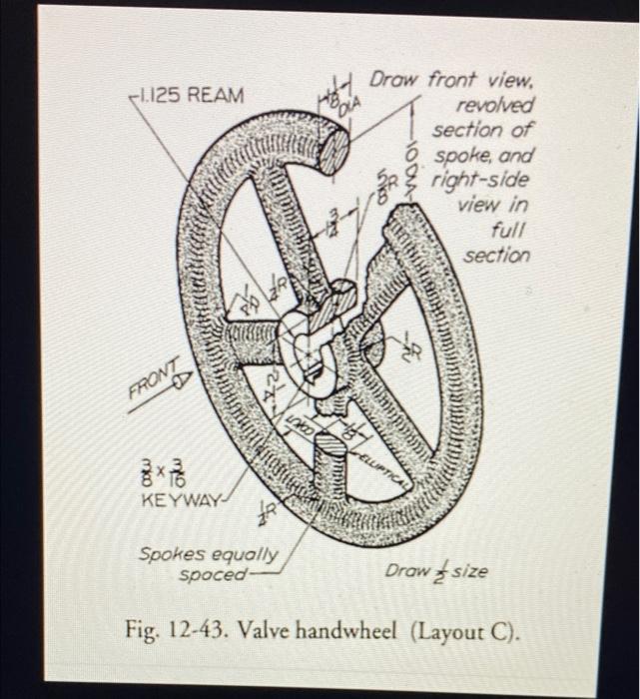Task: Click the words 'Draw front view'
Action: point(452,80)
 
